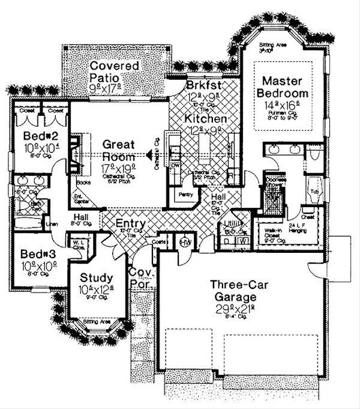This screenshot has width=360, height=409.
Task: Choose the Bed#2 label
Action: pyautogui.click(x=34, y=134)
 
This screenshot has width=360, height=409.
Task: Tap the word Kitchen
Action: pyautogui.click(x=205, y=119)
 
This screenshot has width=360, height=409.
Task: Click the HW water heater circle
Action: pyautogui.click(x=185, y=241)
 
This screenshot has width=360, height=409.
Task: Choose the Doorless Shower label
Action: pyautogui.click(x=277, y=180)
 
